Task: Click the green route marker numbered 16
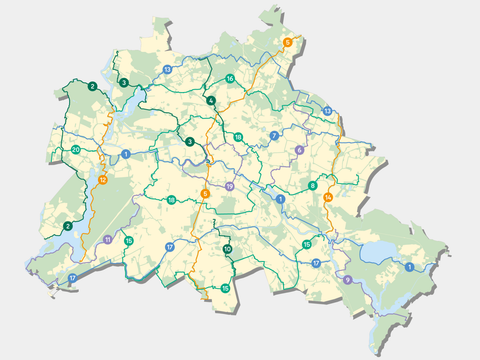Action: (230, 79)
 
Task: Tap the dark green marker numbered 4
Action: (211, 101)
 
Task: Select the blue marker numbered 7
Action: (273, 135)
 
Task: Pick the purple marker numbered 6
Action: (299, 150)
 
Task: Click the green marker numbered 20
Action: (76, 150)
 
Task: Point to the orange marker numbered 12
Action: (103, 180)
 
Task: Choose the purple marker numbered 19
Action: (229, 187)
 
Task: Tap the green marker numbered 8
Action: (313, 186)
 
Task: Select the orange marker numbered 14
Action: (327, 200)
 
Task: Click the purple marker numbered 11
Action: (107, 240)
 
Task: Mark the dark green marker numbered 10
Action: (228, 249)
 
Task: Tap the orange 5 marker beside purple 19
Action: (205, 193)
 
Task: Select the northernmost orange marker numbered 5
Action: (288, 42)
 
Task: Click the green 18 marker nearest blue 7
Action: (238, 137)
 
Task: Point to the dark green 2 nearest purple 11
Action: (68, 226)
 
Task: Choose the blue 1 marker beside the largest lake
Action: (409, 267)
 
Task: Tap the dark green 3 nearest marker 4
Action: (190, 141)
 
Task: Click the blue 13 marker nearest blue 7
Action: (328, 111)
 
